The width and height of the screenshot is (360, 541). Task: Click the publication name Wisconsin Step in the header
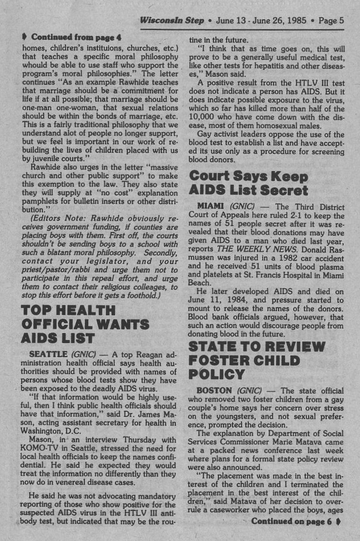(172, 21)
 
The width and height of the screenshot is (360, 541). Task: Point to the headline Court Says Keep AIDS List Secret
(249, 183)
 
